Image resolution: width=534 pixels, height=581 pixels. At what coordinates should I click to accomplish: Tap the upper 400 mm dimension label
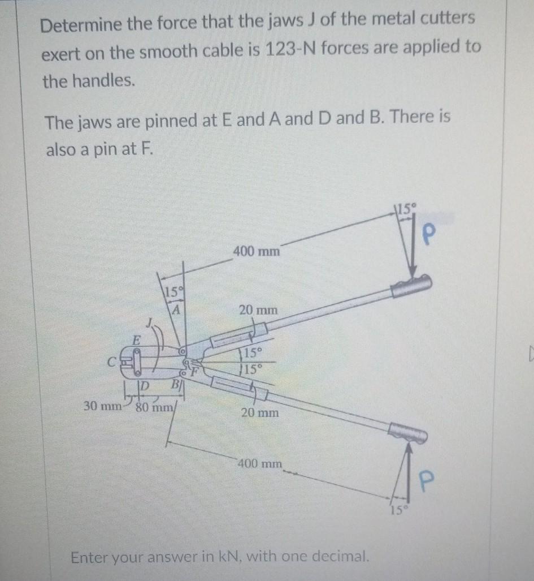[256, 251]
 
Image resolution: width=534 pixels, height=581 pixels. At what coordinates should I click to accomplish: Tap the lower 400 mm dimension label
[259, 464]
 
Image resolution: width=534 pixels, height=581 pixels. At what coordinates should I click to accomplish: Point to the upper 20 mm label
[258, 310]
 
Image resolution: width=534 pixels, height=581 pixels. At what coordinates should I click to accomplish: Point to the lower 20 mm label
[259, 413]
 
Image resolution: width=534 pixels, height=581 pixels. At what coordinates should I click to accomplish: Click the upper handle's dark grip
[411, 286]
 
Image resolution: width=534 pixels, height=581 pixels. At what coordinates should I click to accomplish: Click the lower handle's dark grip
[407, 433]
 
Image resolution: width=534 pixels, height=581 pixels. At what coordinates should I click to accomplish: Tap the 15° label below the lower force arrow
[397, 513]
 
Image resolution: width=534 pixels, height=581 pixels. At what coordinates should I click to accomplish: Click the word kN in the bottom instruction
[228, 557]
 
